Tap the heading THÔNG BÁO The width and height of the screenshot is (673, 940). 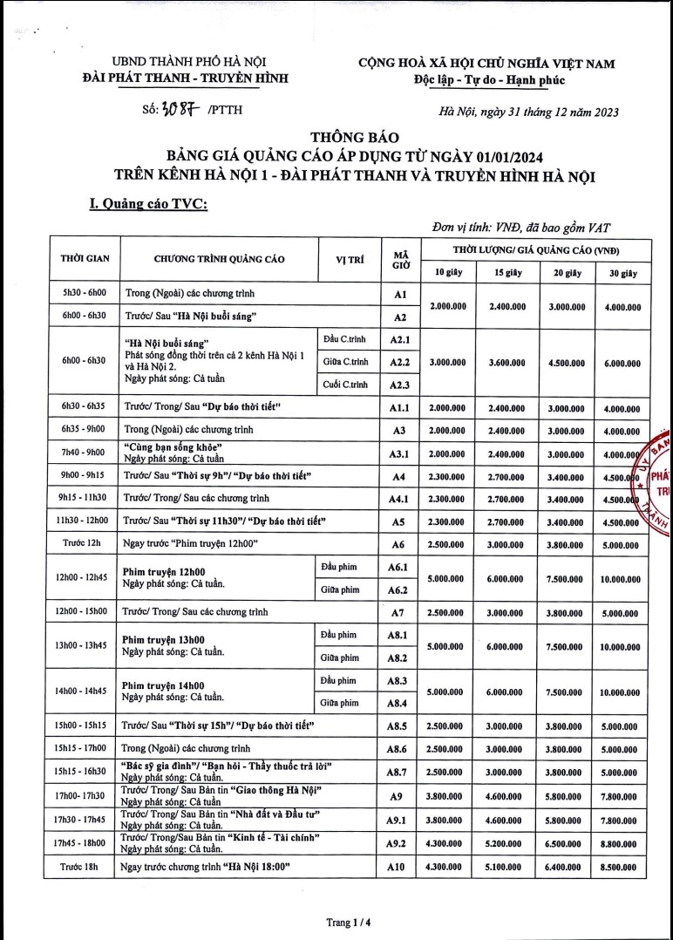[353, 137]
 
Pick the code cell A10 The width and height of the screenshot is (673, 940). [397, 867]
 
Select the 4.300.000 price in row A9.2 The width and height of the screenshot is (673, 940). [445, 842]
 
